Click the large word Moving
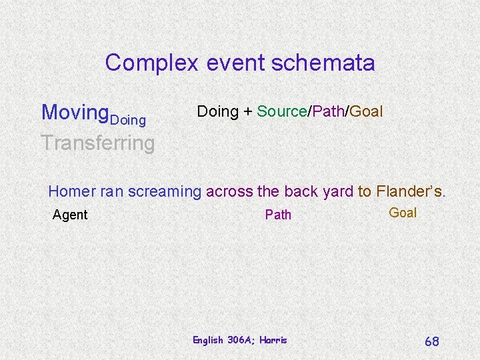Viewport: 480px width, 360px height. [75, 112]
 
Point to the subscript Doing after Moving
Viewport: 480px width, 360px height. [127, 120]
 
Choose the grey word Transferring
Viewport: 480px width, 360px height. [97, 142]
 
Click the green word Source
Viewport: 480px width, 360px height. [281, 111]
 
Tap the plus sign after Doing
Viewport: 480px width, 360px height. [247, 112]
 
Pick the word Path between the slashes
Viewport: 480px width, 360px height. [327, 111]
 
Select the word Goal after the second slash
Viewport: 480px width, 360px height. [366, 111]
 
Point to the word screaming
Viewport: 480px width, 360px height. [164, 192]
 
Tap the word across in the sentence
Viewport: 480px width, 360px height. [229, 192]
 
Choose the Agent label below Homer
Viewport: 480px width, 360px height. [70, 215]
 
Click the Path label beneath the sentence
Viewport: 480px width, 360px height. [278, 215]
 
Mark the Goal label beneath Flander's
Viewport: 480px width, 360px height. [403, 213]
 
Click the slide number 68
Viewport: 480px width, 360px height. [432, 341]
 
